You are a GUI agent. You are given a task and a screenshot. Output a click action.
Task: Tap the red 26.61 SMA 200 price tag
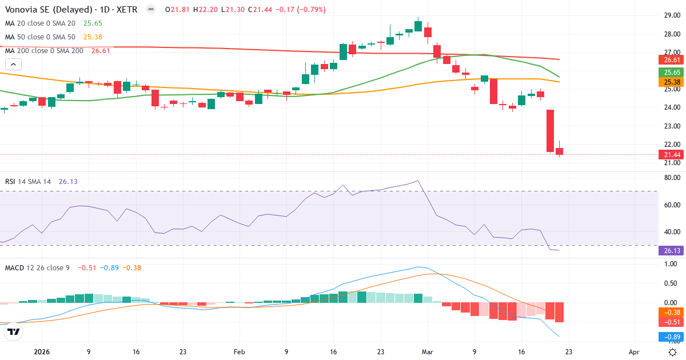click(x=669, y=60)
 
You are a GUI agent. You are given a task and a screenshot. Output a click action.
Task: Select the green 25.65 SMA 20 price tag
click(x=669, y=73)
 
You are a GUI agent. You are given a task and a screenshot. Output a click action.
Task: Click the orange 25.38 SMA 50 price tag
click(x=669, y=82)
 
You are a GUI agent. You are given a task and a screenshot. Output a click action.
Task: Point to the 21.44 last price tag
click(x=669, y=155)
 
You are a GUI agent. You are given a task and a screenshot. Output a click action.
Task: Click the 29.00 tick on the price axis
click(x=671, y=15)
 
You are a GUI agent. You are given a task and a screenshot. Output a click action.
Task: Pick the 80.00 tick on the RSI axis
click(x=671, y=178)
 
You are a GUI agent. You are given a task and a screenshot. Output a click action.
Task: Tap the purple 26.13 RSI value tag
click(x=669, y=250)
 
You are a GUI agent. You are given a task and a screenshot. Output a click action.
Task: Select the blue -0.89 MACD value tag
click(x=669, y=337)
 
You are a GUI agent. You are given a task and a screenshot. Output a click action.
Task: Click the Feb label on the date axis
click(x=240, y=353)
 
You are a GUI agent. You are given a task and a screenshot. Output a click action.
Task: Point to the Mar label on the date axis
click(x=426, y=353)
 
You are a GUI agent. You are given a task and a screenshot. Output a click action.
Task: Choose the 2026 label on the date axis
click(x=42, y=353)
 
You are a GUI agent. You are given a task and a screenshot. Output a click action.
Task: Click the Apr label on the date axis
click(x=633, y=353)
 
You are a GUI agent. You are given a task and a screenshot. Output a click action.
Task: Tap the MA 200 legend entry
click(x=44, y=51)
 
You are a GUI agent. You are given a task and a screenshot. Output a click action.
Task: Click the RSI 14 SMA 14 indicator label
click(x=28, y=182)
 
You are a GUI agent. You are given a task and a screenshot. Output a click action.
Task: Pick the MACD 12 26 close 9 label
click(x=37, y=267)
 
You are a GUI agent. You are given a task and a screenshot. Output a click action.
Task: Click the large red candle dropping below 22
click(x=551, y=130)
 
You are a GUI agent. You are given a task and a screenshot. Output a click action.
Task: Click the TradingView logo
click(x=14, y=331)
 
